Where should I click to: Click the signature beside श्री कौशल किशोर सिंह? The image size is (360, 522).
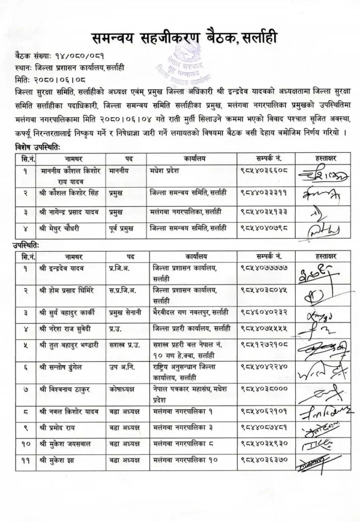pos(319,193)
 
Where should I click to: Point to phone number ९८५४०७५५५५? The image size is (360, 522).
pos(264,330)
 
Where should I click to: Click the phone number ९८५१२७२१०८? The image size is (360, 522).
pos(264,346)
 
